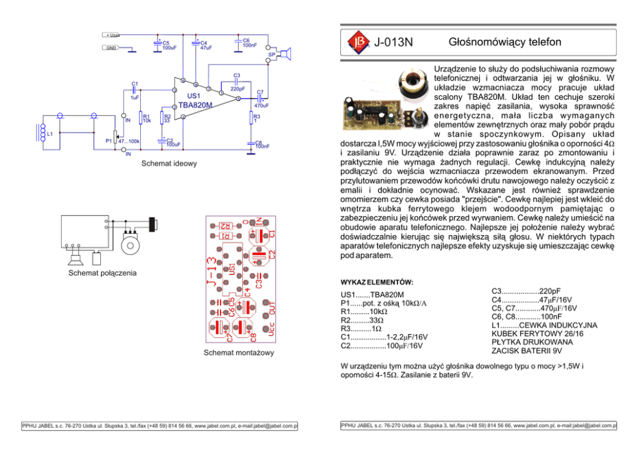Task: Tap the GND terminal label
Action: tap(112, 48)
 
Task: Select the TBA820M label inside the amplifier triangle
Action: tap(195, 104)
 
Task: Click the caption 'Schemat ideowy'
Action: tap(170, 164)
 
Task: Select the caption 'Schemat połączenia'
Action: tap(102, 273)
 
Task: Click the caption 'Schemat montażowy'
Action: tap(239, 353)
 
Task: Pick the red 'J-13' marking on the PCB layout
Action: tap(211, 274)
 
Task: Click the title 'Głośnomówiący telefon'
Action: tap(505, 42)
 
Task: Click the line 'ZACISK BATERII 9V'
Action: tap(527, 351)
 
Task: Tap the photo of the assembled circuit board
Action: tap(373, 109)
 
